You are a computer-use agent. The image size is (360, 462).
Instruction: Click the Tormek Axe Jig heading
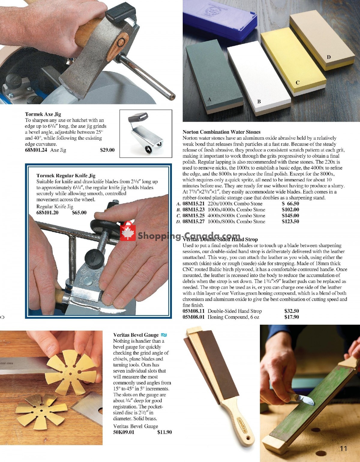point(43,114)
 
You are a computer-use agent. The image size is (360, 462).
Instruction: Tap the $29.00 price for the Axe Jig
point(107,150)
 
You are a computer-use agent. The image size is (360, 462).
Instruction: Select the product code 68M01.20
point(47,213)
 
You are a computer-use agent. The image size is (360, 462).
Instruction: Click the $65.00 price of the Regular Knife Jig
point(79,213)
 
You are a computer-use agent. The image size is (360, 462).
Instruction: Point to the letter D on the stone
point(329,57)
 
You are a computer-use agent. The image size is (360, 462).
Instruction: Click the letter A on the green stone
point(209,99)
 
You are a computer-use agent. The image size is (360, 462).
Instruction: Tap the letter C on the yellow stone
point(298,82)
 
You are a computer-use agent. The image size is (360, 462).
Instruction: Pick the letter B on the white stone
point(259,102)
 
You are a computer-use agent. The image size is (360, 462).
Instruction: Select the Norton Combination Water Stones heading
point(221,132)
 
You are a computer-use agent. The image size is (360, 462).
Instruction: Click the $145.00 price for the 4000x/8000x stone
point(290,216)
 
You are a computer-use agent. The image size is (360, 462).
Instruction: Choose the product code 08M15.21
point(193,204)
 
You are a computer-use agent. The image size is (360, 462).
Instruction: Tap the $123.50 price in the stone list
point(290,222)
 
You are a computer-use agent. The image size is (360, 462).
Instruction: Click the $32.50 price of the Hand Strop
point(291,311)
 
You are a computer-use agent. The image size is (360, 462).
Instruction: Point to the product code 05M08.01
point(193,317)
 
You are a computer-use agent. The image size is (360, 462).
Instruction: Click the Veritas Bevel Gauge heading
point(136,335)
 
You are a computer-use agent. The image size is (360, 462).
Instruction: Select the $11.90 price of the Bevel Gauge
point(164,432)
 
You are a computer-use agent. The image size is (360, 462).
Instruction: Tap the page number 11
point(343,449)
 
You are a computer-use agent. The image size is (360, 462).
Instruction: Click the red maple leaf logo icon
point(128,232)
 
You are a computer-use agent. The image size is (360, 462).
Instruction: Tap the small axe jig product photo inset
point(146,133)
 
